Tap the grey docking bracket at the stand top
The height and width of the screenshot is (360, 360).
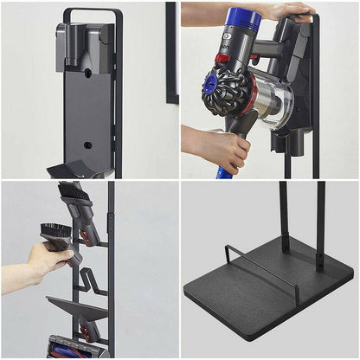click(83, 42)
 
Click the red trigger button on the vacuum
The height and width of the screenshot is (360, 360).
click(223, 59)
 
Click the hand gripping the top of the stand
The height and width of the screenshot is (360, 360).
click(290, 11)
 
